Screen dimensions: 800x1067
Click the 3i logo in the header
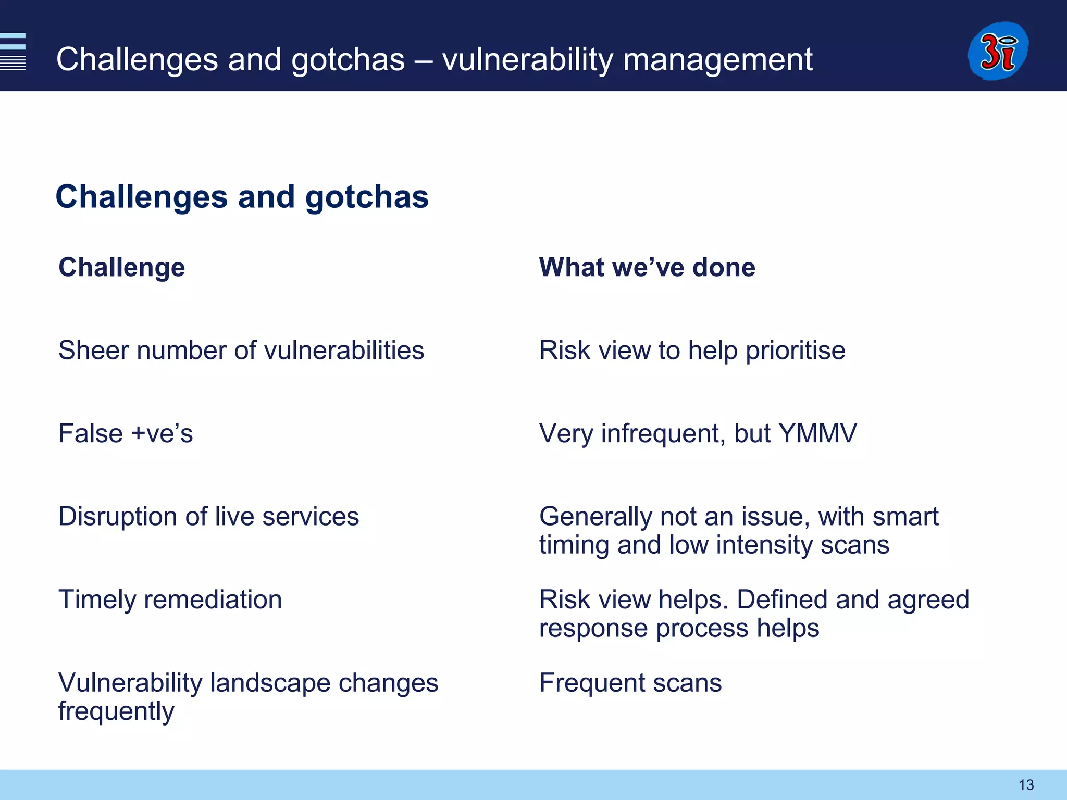(998, 51)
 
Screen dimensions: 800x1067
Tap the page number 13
(1026, 784)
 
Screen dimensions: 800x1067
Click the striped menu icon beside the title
(13, 52)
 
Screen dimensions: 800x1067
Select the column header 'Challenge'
(121, 267)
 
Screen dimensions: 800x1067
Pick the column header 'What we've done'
(647, 267)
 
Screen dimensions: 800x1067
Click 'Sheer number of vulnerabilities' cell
(241, 350)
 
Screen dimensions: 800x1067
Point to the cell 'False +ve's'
(126, 433)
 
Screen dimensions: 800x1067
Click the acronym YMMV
(817, 433)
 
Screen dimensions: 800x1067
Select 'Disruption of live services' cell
(208, 517)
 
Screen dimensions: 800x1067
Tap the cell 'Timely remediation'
(170, 599)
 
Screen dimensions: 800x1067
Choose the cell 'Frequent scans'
(630, 683)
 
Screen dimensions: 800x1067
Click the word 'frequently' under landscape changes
(116, 712)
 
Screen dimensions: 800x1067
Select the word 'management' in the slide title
(717, 59)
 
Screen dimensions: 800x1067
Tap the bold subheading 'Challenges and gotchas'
(242, 197)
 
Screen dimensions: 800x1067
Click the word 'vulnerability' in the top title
(528, 59)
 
